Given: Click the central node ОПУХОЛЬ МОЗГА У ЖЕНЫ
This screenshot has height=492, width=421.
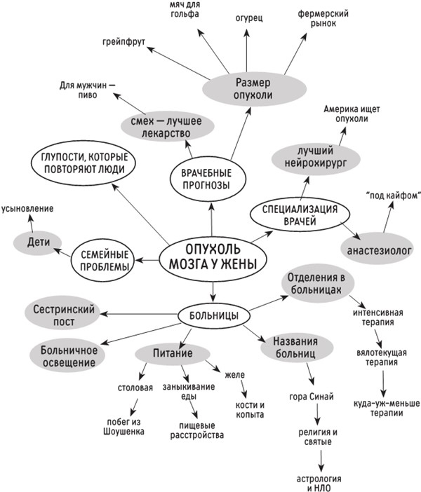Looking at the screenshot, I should pyautogui.click(x=209, y=257).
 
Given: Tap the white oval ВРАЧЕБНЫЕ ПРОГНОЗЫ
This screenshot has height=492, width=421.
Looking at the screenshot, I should pyautogui.click(x=211, y=178).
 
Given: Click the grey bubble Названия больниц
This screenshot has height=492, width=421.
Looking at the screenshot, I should pyautogui.click(x=295, y=348).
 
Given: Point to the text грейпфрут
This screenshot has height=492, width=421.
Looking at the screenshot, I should pyautogui.click(x=123, y=42).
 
